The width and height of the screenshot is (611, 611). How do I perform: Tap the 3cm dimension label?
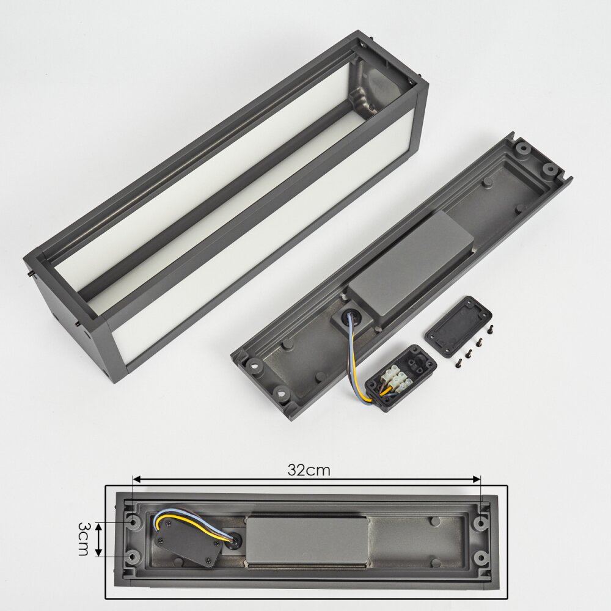83,539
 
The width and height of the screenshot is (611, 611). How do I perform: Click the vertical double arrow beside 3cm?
99,540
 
